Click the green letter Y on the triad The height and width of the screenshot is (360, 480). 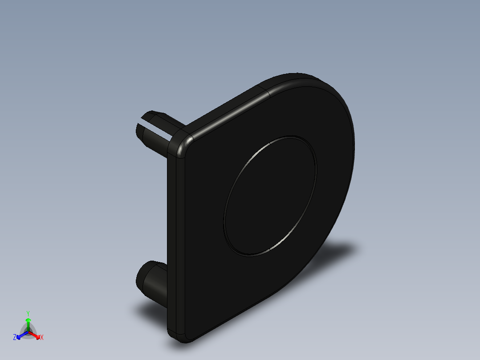point(28,313)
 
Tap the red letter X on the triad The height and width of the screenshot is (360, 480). point(41,337)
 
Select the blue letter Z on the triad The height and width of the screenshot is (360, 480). point(15,337)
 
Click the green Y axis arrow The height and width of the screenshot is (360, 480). point(28,323)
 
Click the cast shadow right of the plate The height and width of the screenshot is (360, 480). point(338,254)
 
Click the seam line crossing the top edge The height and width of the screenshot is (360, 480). point(268,92)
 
